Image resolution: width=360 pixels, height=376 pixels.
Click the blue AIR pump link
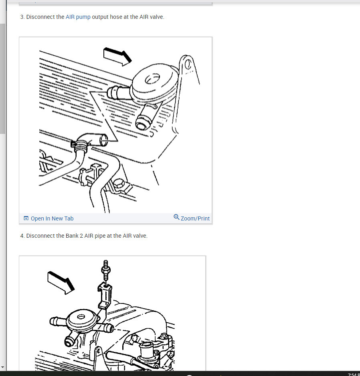[78, 17]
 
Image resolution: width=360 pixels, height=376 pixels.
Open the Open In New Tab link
[52, 218]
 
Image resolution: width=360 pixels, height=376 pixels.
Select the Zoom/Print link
[195, 218]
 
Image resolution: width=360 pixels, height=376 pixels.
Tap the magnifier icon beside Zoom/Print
[176, 217]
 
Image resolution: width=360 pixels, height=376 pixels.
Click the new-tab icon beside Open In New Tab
[26, 218]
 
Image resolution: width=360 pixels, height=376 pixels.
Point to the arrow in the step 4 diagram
[61, 283]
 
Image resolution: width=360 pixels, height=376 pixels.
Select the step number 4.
[22, 236]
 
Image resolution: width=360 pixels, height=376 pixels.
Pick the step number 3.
[22, 17]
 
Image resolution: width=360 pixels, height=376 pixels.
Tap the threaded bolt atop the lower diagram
[106, 270]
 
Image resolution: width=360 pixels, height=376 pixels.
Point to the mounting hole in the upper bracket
[188, 64]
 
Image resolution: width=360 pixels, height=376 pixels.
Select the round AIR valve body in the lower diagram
[81, 321]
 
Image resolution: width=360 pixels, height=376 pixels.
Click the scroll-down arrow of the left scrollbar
[3, 367]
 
